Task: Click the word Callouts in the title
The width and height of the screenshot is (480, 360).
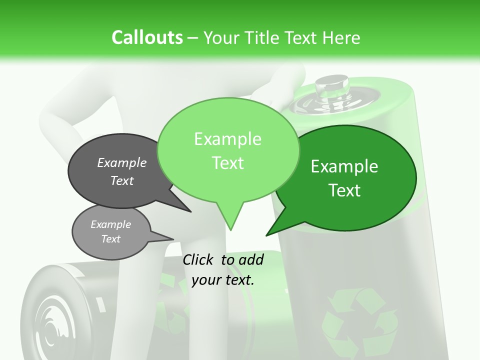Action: click(147, 37)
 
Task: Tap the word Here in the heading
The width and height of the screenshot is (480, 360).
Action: click(342, 38)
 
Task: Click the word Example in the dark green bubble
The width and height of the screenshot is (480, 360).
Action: click(344, 166)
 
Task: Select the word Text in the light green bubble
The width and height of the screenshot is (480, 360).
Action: click(228, 163)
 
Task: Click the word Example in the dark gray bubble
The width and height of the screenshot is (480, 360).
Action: click(122, 162)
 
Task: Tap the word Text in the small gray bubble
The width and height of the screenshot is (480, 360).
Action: click(111, 239)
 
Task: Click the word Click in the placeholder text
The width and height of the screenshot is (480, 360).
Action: click(199, 259)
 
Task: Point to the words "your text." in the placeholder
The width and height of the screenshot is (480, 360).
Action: click(223, 280)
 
